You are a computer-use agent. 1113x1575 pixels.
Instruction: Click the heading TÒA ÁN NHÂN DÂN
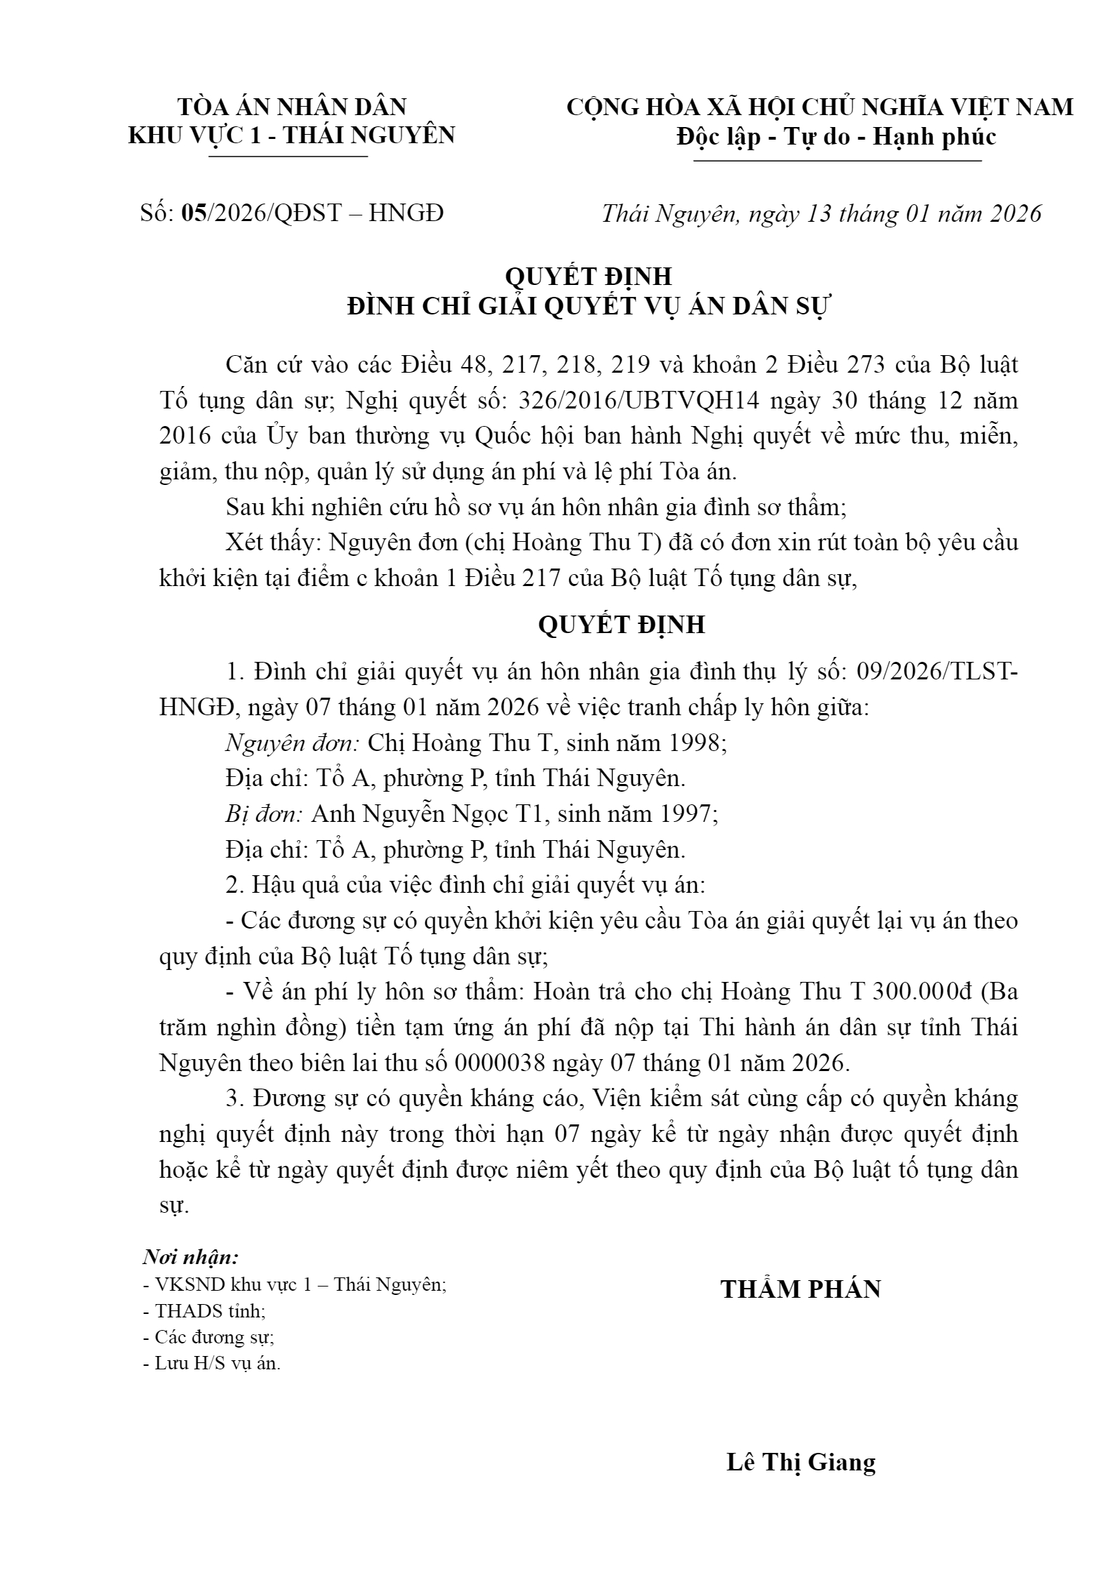292,107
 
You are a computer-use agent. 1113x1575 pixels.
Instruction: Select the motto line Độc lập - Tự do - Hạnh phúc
836,136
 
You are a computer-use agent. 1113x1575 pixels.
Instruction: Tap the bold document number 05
193,213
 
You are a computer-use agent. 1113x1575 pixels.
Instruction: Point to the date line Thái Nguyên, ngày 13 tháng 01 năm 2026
821,213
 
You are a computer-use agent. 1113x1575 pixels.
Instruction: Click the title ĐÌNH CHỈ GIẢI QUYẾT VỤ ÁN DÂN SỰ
589,307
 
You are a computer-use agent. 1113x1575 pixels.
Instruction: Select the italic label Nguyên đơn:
293,743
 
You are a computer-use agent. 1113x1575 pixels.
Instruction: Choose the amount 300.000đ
919,992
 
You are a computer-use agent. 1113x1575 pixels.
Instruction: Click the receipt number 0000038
500,1063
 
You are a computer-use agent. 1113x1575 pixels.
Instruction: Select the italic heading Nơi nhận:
191,1256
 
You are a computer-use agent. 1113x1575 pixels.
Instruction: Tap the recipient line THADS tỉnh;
204,1310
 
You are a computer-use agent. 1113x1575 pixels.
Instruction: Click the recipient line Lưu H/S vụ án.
211,1364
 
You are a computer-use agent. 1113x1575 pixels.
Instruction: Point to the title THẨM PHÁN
801,1289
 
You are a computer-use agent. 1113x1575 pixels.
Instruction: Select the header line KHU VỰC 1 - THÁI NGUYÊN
292,135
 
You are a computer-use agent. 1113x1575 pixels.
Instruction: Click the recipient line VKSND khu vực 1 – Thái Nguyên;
295,1284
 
